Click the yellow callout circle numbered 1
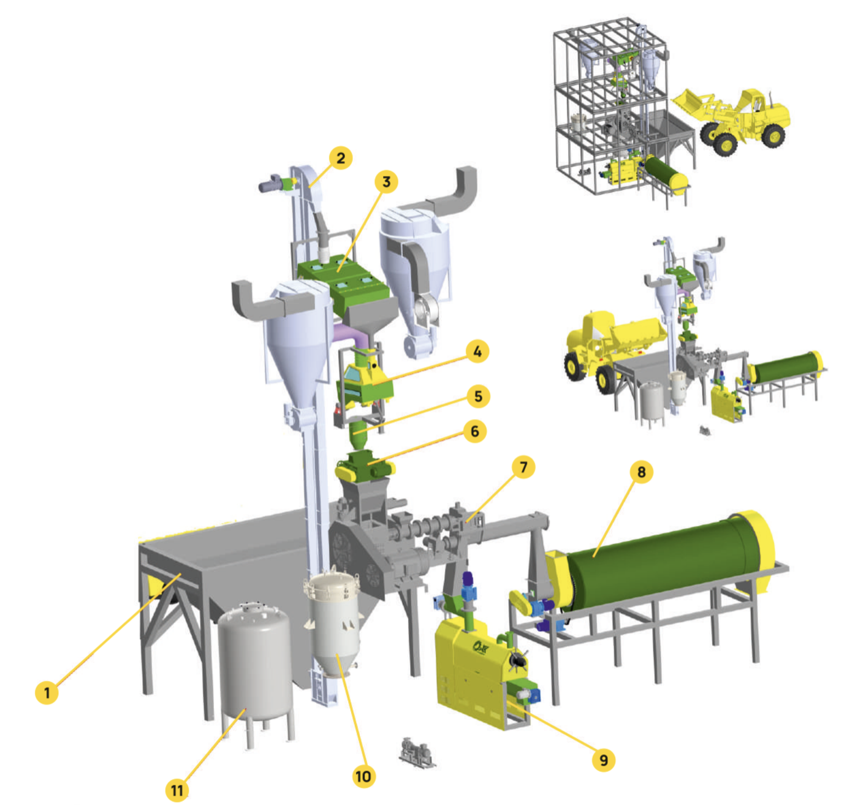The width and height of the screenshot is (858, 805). (47, 692)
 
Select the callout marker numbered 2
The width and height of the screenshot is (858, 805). (340, 158)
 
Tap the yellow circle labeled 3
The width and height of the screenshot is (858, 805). (386, 182)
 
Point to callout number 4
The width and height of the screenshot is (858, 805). (477, 351)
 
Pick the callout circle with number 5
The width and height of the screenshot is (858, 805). (478, 396)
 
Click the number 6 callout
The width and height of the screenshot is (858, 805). (474, 431)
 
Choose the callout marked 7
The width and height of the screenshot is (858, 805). (523, 467)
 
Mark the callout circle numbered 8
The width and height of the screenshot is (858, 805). (641, 472)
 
